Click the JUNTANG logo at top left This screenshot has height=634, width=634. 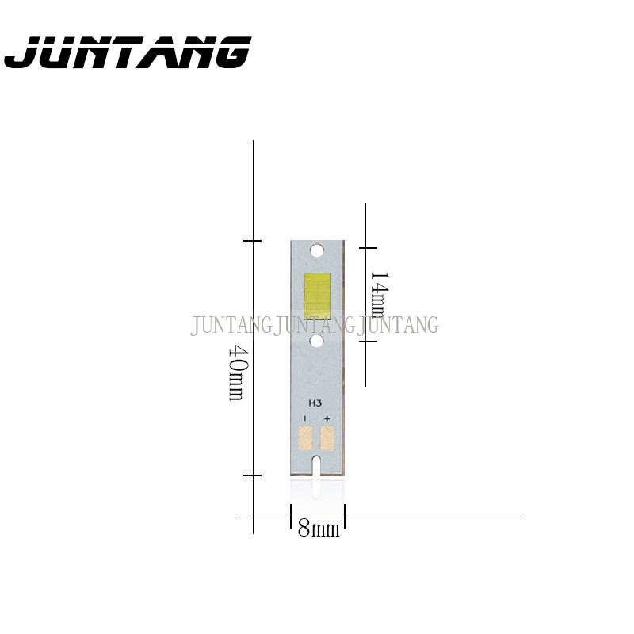[x=128, y=52]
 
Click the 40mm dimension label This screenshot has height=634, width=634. [x=236, y=372]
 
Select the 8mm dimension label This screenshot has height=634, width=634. [x=319, y=529]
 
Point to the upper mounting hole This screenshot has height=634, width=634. [x=318, y=250]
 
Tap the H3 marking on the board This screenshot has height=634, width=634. [x=315, y=403]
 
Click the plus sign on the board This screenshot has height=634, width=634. [x=327, y=418]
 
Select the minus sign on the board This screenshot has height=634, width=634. [x=305, y=418]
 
